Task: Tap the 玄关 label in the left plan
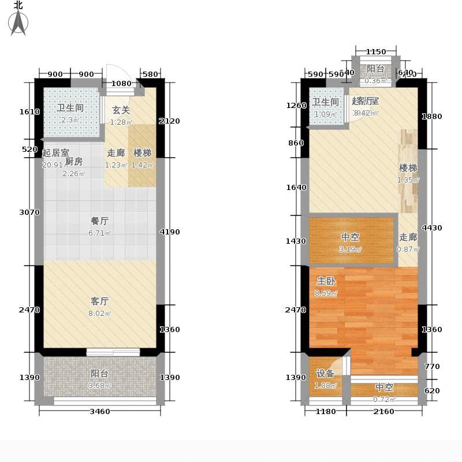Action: coord(121,110)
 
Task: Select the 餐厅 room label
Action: coord(100,221)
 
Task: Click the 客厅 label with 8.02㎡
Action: coord(100,301)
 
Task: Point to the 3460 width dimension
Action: coord(100,411)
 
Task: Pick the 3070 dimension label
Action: coord(29,212)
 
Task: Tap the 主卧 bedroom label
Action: coord(324,281)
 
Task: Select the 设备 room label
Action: coord(325,374)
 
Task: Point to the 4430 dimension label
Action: coord(431,228)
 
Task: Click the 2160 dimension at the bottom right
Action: coord(383,411)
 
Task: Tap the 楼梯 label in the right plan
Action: coord(408,168)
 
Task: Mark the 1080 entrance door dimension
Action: coord(121,83)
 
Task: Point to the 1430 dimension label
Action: coord(295,241)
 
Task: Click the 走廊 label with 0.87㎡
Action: coord(408,237)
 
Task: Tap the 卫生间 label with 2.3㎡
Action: coord(70,107)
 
